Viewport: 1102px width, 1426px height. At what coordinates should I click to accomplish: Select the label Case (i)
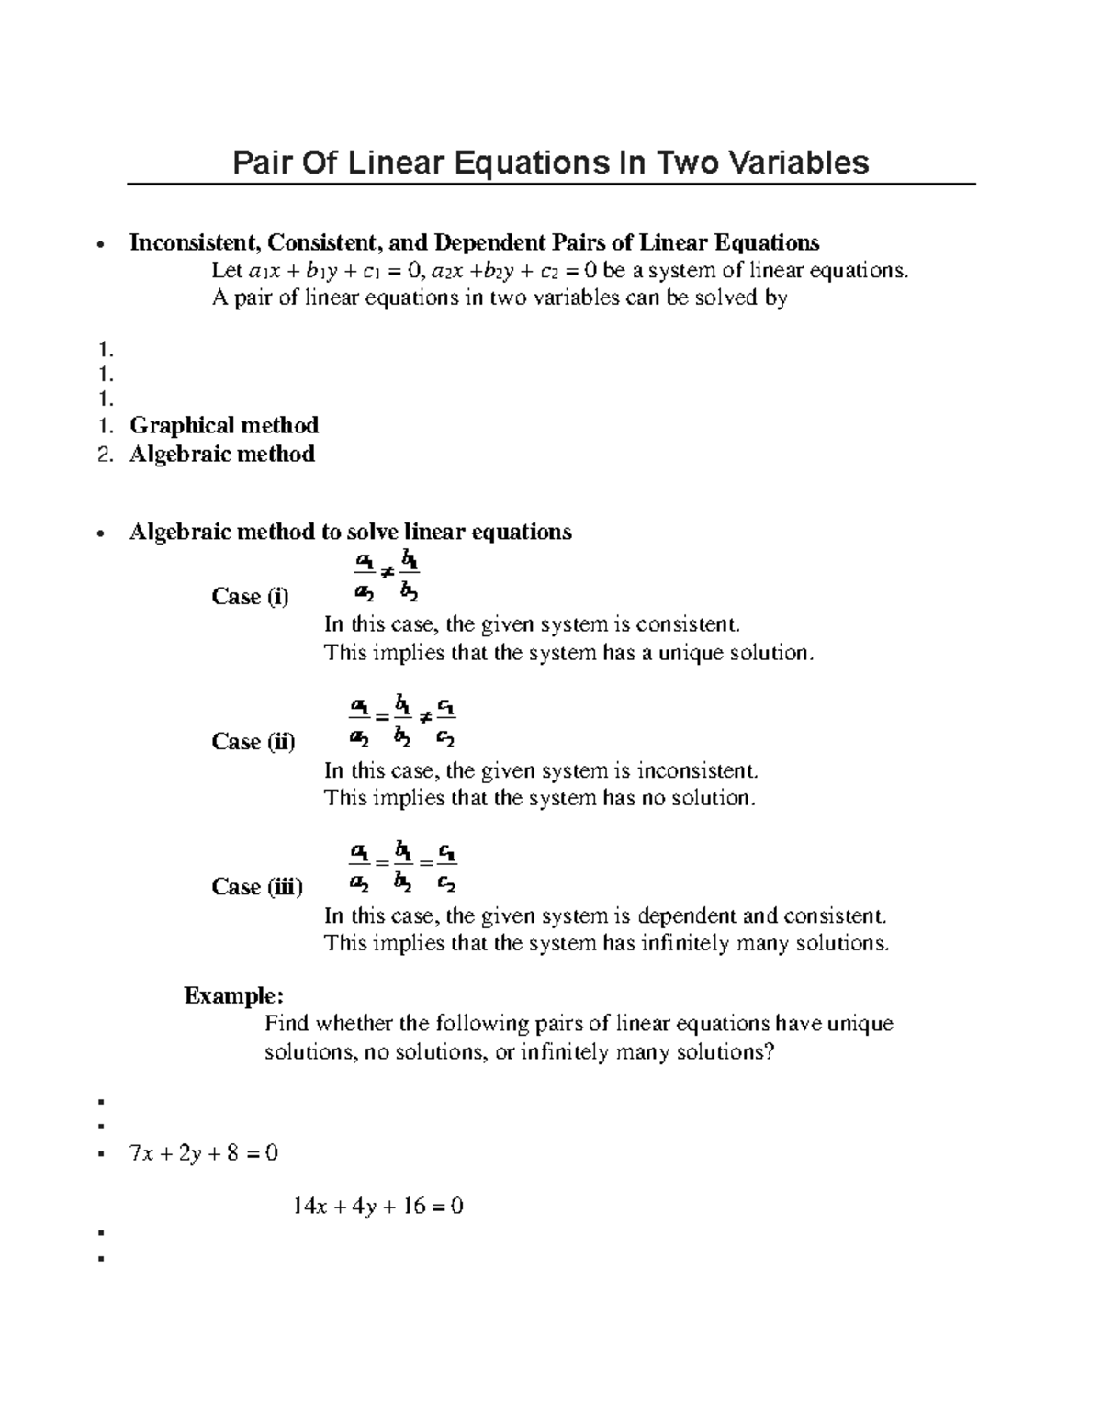(250, 597)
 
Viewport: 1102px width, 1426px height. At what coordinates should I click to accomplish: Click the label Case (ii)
(253, 742)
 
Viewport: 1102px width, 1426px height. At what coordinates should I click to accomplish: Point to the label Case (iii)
(257, 887)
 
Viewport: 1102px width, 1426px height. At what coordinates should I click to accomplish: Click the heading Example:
(234, 995)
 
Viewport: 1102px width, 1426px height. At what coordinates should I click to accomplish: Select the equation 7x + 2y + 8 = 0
(204, 1153)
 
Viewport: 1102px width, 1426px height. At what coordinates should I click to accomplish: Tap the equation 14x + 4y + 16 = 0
(377, 1207)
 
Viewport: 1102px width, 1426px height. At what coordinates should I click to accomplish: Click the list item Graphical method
(224, 425)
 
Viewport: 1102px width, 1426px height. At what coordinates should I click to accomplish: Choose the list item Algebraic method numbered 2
(222, 454)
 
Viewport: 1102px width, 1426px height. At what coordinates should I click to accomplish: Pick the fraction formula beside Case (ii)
(403, 723)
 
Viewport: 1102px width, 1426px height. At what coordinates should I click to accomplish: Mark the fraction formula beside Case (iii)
(403, 868)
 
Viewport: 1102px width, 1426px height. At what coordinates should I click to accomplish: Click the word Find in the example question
(287, 1024)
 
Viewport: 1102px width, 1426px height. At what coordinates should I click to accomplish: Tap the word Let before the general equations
(227, 271)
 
